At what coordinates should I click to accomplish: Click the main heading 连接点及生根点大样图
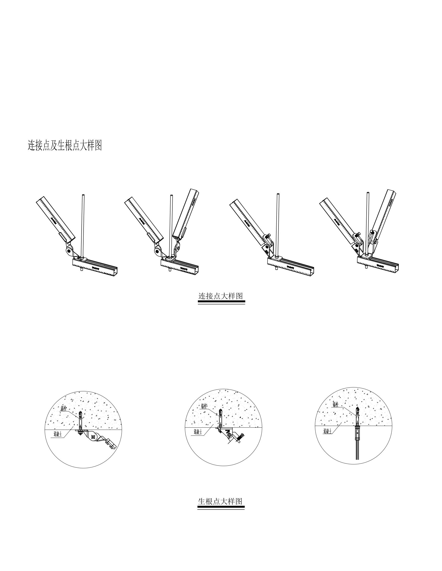click(x=65, y=145)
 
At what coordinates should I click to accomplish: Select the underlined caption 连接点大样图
click(x=221, y=296)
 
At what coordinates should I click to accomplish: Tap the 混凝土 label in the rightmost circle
click(x=327, y=431)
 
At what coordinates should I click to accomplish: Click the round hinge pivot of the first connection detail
click(x=69, y=251)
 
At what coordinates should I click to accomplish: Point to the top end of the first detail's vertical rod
click(x=83, y=195)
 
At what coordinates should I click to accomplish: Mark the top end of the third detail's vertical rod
click(x=278, y=194)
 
